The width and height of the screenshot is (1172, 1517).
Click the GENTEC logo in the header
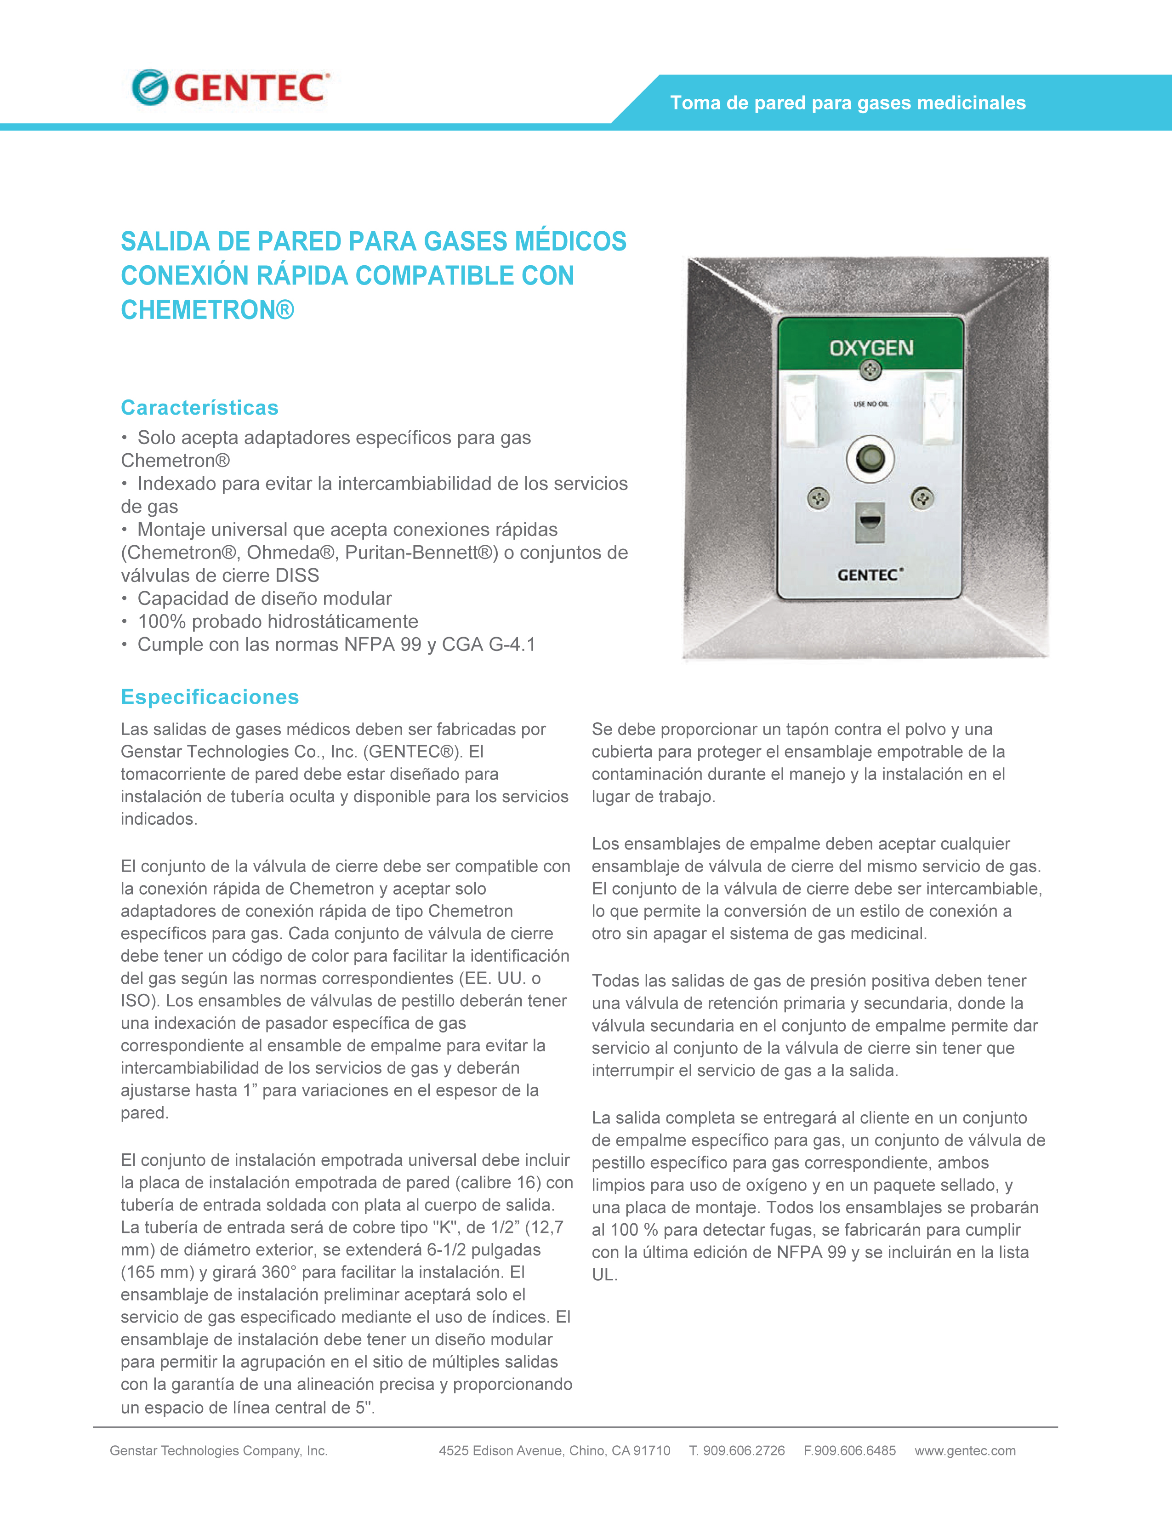(x=230, y=88)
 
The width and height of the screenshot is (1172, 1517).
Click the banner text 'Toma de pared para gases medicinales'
(x=847, y=103)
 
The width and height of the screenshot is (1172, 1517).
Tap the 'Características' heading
(x=199, y=408)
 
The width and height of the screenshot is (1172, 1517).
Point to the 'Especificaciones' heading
(x=210, y=697)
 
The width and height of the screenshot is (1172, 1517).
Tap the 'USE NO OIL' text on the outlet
(x=870, y=404)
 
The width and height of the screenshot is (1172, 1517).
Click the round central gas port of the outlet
(x=870, y=458)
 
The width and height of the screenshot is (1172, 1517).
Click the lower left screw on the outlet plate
(x=819, y=498)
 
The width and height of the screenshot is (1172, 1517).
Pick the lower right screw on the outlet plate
(x=922, y=498)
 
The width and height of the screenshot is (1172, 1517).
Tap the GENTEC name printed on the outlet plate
(x=869, y=575)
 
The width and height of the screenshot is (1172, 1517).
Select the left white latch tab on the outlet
(x=801, y=410)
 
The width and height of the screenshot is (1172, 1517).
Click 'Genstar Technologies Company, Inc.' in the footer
(x=219, y=1450)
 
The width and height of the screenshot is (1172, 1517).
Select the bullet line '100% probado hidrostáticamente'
(x=278, y=621)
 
